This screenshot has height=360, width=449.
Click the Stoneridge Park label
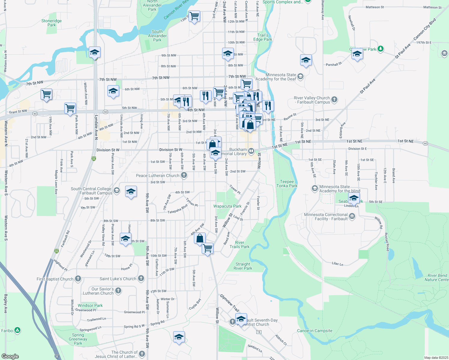coord(52,23)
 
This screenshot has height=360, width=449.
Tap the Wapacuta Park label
coord(227,206)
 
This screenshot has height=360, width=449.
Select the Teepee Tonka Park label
coord(287,184)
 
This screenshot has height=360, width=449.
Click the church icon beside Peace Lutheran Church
coord(184,175)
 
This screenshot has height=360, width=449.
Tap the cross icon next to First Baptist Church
coord(78,279)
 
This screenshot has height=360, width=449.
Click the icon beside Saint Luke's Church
coord(141,278)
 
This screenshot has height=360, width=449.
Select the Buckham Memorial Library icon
coord(251,151)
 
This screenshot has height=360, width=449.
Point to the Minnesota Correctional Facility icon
coord(352,216)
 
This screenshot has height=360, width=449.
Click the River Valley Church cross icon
coord(334,99)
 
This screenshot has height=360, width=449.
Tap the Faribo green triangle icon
coord(17,330)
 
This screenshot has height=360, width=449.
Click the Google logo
coord(10,356)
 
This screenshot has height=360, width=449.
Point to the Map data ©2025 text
coord(436,358)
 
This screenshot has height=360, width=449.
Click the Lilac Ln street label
coord(337,264)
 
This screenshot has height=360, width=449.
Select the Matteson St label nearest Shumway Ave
coord(375,7)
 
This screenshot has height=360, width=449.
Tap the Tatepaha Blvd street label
coord(177,209)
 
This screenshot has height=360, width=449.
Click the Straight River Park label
coord(243,266)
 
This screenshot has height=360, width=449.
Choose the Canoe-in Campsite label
coord(315,331)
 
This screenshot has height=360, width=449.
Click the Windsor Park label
coord(90,305)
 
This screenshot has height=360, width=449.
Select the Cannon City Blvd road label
coord(424,29)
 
